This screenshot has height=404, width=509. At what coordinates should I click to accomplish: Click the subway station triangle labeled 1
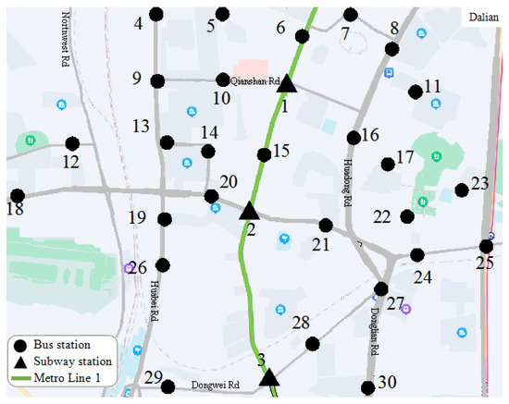287,84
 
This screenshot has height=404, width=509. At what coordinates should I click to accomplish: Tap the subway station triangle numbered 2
249,211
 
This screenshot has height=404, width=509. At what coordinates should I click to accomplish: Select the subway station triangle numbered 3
268,377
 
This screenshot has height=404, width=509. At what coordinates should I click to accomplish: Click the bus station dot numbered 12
72,143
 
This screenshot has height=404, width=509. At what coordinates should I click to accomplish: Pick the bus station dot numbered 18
17,195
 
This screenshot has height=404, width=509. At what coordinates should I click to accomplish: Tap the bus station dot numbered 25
486,246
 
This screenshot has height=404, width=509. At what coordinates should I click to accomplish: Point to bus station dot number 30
368,387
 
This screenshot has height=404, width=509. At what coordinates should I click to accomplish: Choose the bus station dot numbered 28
313,344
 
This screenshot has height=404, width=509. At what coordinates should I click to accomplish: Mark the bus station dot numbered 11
415,92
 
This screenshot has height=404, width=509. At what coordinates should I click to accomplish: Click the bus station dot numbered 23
461,190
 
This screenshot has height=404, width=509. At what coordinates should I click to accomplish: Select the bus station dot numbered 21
325,225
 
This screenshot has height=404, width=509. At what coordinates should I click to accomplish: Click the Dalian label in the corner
483,17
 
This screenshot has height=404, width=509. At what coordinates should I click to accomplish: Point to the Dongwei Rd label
215,385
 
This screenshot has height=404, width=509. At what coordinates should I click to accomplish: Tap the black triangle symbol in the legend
20,361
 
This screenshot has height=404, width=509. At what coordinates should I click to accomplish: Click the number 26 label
137,269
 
